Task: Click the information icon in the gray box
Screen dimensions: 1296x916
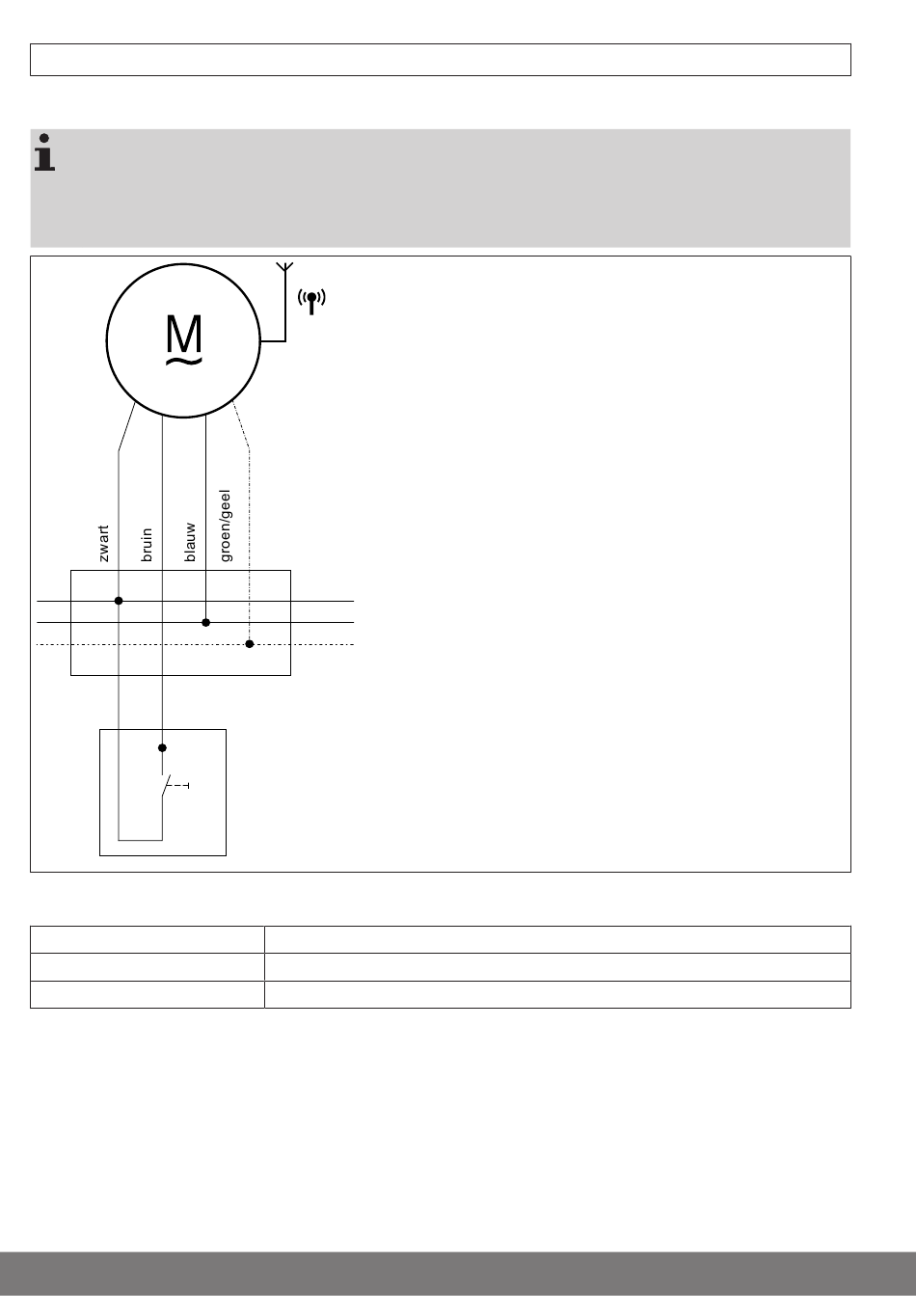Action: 44,153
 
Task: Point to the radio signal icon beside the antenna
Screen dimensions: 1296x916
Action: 310,301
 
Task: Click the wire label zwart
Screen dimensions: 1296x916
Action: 104,542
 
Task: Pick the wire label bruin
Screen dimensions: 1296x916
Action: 148,544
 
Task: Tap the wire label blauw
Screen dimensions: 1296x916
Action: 191,542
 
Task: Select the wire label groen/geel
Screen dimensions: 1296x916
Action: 227,526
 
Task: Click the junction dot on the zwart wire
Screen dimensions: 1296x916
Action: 119,601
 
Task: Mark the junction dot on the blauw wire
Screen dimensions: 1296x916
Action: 205,623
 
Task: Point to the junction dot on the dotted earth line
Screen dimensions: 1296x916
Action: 249,644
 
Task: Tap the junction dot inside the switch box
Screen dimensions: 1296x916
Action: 162,747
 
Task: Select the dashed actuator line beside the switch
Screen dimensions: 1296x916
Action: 179,787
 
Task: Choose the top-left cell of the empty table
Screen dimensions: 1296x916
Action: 147,940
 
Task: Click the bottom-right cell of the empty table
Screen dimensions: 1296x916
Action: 556,994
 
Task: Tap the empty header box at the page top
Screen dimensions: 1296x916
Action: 440,60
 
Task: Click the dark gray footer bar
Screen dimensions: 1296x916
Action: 458,1273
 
